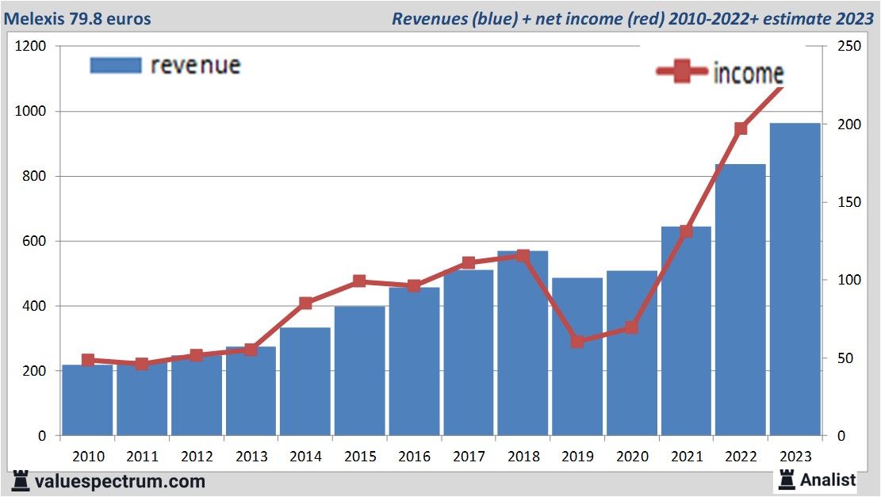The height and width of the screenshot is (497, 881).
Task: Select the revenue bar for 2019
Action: tap(577, 357)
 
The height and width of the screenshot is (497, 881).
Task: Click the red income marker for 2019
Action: tap(577, 342)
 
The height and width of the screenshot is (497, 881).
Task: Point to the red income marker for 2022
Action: tap(741, 128)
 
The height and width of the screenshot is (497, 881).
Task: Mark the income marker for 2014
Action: tap(305, 303)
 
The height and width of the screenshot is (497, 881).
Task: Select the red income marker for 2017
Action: tap(468, 262)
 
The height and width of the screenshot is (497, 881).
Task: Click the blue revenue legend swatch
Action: tap(116, 64)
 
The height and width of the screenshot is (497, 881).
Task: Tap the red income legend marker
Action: tap(681, 72)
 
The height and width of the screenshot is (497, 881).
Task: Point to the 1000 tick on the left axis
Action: tap(30, 112)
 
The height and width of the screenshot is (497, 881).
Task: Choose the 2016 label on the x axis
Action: tap(414, 457)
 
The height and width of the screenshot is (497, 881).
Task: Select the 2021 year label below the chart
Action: tap(686, 457)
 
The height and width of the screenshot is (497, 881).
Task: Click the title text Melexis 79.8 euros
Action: tap(80, 18)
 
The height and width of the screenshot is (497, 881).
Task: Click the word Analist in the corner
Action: tap(828, 480)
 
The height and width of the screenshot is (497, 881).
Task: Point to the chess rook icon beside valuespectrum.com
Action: tap(21, 480)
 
